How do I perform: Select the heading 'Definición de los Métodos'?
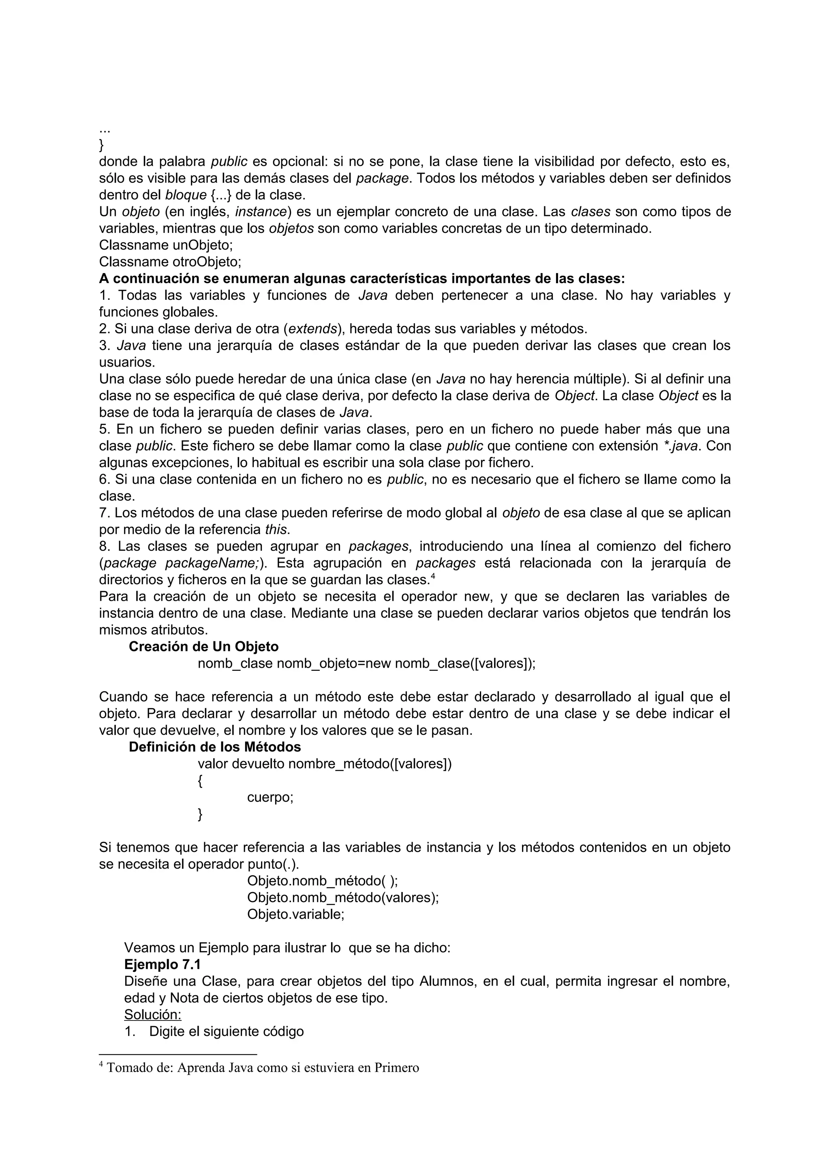tap(215, 747)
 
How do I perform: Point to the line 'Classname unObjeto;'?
tap(166, 245)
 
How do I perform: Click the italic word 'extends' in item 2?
tap(313, 329)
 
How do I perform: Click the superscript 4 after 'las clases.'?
tap(433, 576)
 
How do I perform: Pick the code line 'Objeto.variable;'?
tap(295, 914)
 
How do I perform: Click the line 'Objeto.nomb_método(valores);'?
tap(342, 897)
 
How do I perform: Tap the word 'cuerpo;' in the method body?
tap(270, 797)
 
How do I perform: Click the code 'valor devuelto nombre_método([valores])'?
tap(325, 764)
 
